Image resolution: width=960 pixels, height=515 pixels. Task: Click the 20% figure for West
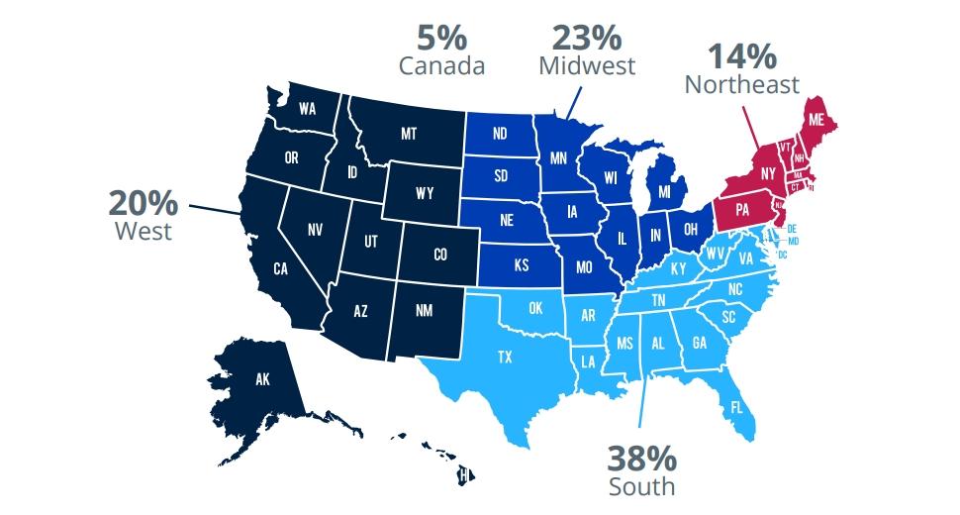[x=144, y=205]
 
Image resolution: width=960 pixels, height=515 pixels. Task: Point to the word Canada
[x=441, y=66]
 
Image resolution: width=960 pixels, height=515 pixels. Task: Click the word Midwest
[x=587, y=65]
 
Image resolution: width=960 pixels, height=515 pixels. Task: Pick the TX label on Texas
[x=505, y=356]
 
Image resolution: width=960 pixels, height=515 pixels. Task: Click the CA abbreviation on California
[x=280, y=268]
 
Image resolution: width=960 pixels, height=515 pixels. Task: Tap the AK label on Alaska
[x=262, y=377]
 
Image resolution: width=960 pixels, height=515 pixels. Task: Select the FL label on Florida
[x=737, y=407]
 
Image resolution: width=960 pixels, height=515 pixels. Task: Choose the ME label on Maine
[x=816, y=119]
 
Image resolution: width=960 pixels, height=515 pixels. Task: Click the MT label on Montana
[x=408, y=133]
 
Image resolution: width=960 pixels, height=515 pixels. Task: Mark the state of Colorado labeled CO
[x=440, y=255]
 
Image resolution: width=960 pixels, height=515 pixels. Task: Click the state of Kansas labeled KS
[x=521, y=266]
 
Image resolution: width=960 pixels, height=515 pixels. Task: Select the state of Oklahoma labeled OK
[x=535, y=308]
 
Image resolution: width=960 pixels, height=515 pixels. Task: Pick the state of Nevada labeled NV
[x=315, y=230]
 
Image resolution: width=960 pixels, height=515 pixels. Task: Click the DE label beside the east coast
[x=792, y=229]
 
